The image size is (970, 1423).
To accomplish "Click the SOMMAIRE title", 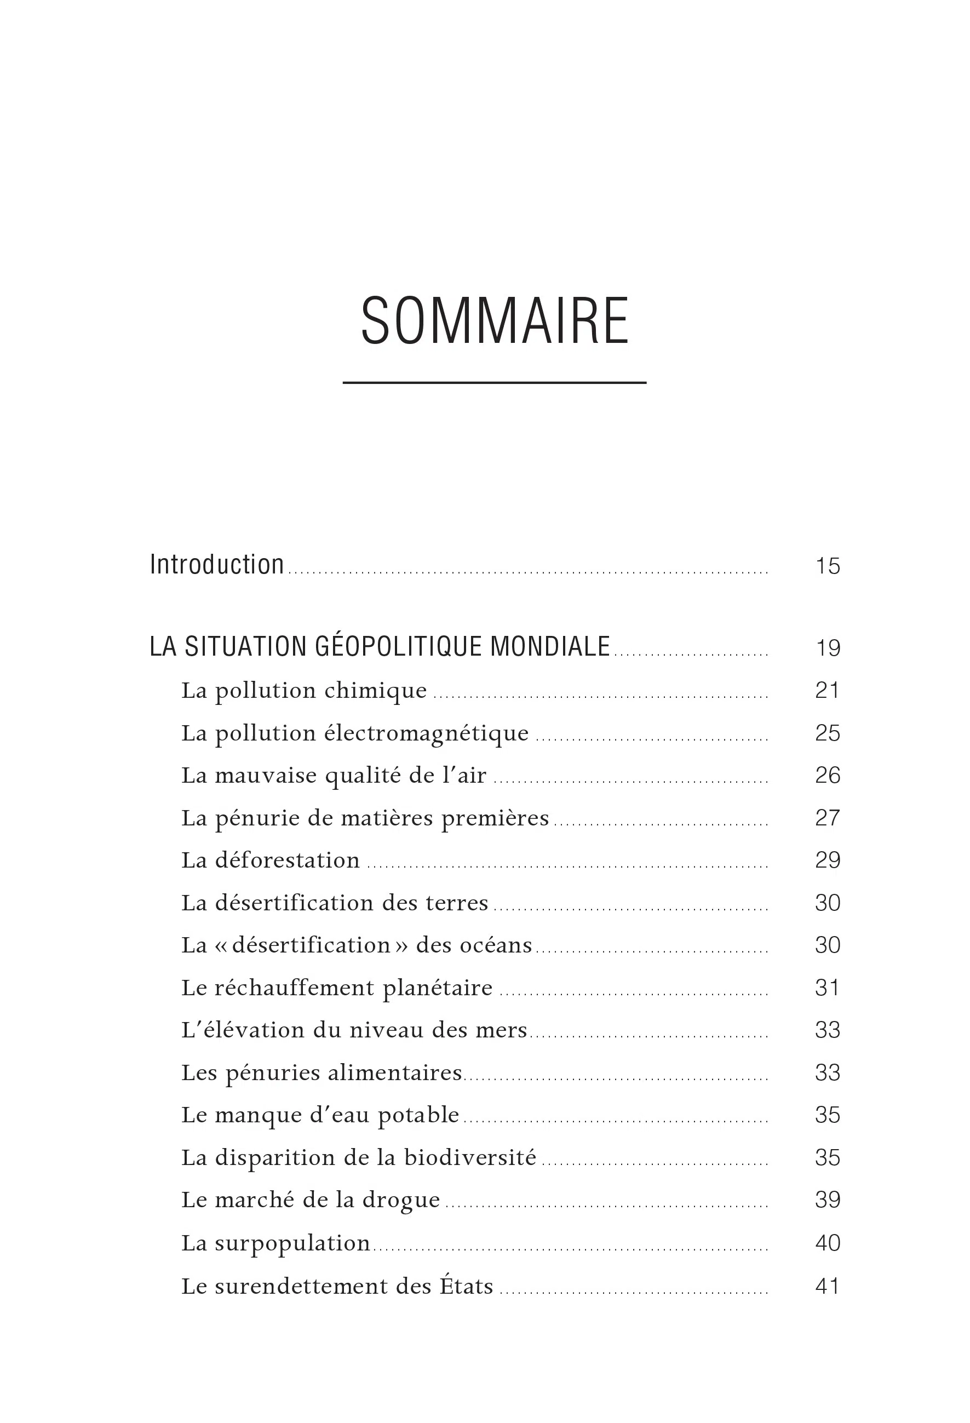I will pyautogui.click(x=495, y=321).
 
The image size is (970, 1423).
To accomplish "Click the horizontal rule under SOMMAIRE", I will pyautogui.click(x=495, y=383).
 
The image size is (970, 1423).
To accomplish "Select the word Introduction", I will pyautogui.click(x=217, y=565).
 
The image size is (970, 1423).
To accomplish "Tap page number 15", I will pyautogui.click(x=827, y=566).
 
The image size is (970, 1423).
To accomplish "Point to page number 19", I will pyautogui.click(x=827, y=649).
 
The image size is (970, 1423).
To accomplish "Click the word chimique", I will pyautogui.click(x=375, y=691).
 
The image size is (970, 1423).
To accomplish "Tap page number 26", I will pyautogui.click(x=827, y=776).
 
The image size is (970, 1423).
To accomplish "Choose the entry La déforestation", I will pyautogui.click(x=270, y=860).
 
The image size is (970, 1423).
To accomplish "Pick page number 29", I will pyautogui.click(x=827, y=861).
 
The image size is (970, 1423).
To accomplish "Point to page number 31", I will pyautogui.click(x=827, y=988).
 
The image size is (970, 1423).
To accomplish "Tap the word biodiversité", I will pyautogui.click(x=470, y=1158).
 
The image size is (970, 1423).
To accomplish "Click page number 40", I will pyautogui.click(x=827, y=1243).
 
